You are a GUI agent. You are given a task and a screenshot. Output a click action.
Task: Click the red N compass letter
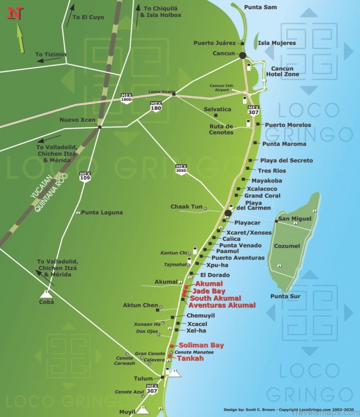point(15,13)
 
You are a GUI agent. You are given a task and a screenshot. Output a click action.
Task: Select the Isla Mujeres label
point(277,43)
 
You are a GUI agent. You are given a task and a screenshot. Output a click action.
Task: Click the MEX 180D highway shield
point(127,97)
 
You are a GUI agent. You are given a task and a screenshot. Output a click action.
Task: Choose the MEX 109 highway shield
point(85,176)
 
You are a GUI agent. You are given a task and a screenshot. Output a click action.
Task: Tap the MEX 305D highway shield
point(181,168)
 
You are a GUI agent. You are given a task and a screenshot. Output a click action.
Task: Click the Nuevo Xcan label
point(78,120)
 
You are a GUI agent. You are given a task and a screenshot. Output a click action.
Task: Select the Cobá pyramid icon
point(46,293)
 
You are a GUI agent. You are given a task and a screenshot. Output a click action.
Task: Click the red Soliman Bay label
point(201,345)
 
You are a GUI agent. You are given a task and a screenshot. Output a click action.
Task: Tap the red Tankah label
point(191,358)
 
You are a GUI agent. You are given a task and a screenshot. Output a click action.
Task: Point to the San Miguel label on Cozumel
point(295,219)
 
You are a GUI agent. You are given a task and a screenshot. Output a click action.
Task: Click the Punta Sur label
point(285,296)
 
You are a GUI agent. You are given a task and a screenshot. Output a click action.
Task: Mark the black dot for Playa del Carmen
point(228,213)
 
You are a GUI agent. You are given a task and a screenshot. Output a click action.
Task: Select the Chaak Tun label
point(186,207)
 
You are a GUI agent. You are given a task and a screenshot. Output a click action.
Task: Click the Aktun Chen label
point(140,305)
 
